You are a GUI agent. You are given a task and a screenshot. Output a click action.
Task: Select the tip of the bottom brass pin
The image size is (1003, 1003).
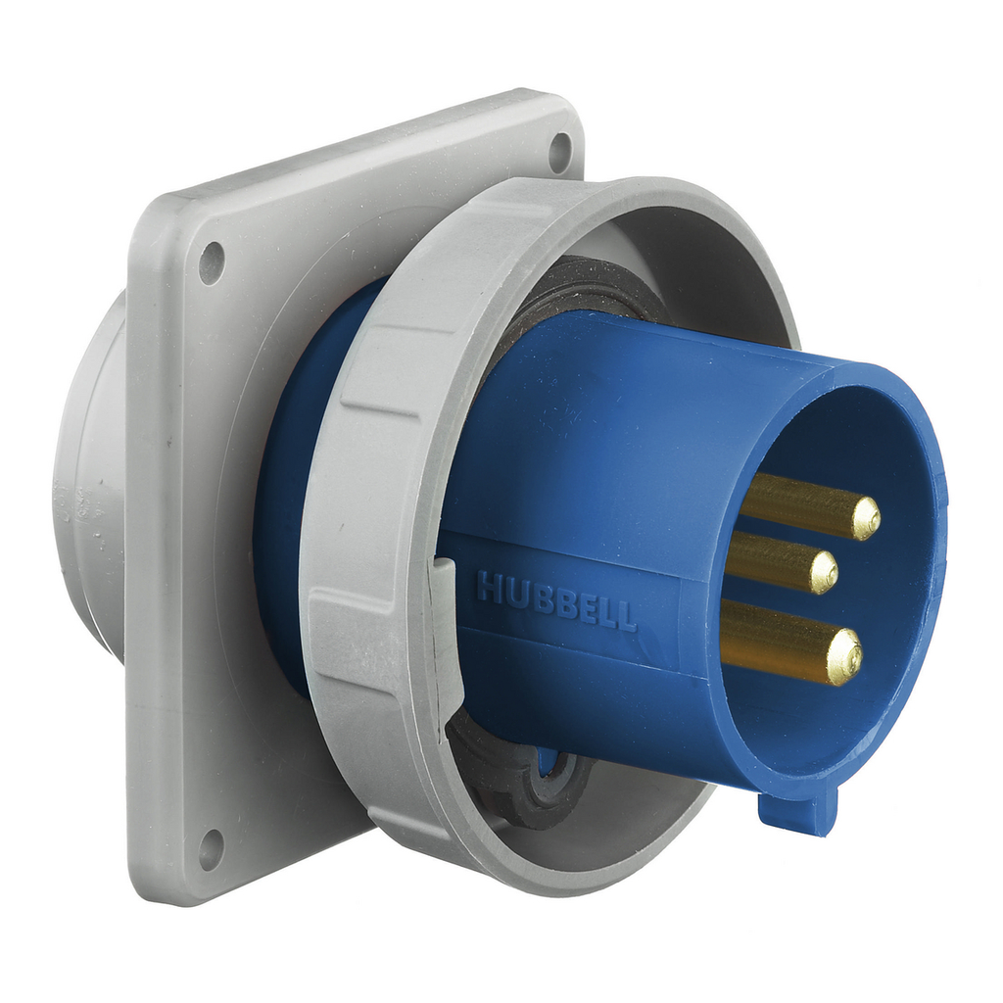tap(843, 656)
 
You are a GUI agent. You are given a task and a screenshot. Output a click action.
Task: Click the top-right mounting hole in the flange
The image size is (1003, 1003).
tap(559, 152)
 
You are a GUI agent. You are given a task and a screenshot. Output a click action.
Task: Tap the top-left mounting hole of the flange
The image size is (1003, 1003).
tap(211, 263)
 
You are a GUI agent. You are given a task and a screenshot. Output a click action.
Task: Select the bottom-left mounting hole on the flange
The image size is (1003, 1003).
tap(211, 848)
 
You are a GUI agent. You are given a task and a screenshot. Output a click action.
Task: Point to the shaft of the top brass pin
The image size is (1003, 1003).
tap(793, 502)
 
